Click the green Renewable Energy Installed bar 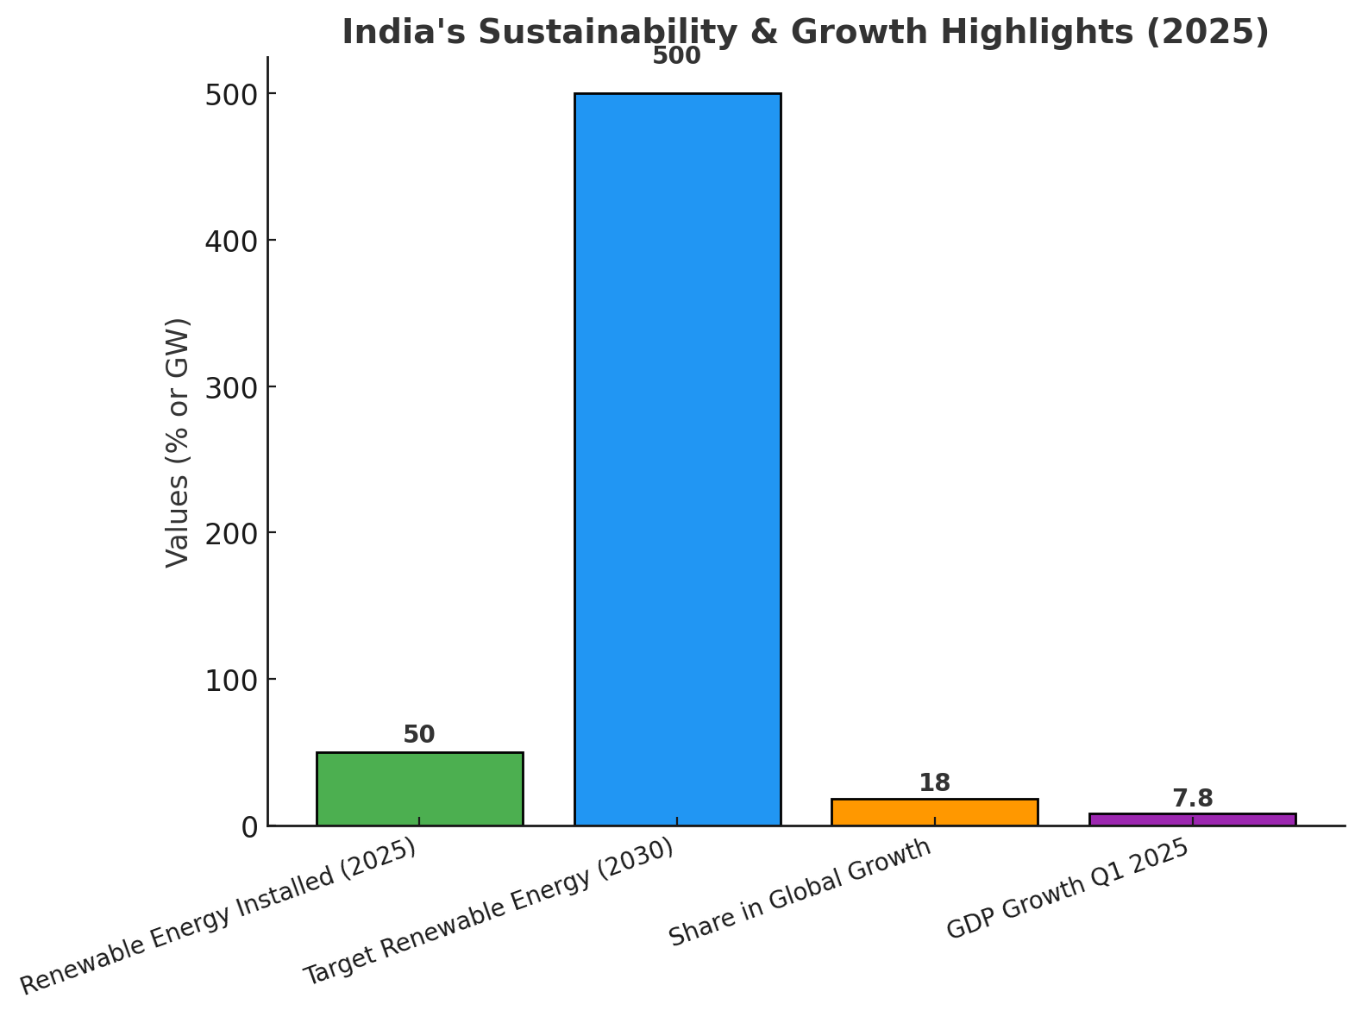pyautogui.click(x=419, y=788)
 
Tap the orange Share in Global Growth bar pyautogui.click(x=934, y=812)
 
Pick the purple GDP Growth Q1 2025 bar pyautogui.click(x=1192, y=819)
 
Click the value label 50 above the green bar pyautogui.click(x=419, y=735)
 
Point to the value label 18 pyautogui.click(x=934, y=783)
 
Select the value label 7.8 pyautogui.click(x=1192, y=799)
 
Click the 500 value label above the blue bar pyautogui.click(x=677, y=57)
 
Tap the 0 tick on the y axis pyautogui.click(x=250, y=826)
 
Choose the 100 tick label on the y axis pyautogui.click(x=231, y=680)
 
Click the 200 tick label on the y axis pyautogui.click(x=231, y=533)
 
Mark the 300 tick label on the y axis pyautogui.click(x=231, y=386)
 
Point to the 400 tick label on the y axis pyautogui.click(x=231, y=240)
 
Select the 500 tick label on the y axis pyautogui.click(x=231, y=94)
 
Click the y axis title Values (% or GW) pyautogui.click(x=178, y=443)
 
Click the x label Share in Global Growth pyautogui.click(x=801, y=892)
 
